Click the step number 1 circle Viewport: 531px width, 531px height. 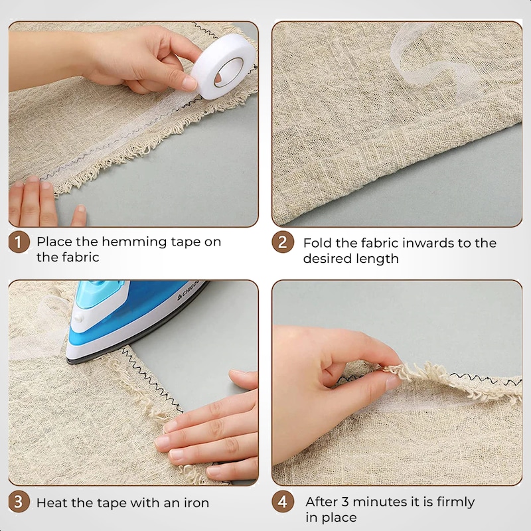coord(19,242)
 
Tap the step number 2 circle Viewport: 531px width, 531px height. coord(283,242)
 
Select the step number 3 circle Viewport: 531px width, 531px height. coord(19,502)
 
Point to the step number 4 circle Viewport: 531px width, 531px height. coord(283,502)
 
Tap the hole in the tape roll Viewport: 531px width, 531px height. coord(229,72)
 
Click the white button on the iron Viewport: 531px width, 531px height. coord(78,318)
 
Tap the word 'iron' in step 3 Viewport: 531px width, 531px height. coord(196,503)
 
